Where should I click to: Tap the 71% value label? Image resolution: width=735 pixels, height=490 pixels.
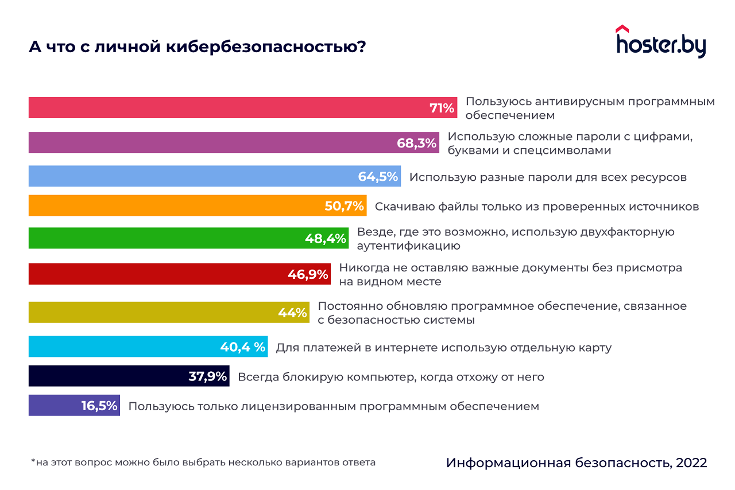tap(442, 108)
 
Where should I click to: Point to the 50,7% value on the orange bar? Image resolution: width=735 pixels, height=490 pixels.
tap(345, 206)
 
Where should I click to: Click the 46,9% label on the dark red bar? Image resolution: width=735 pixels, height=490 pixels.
tap(308, 274)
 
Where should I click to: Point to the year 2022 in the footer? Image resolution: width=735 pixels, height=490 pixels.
tap(691, 462)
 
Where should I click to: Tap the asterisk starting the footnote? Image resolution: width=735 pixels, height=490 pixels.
tap(33, 461)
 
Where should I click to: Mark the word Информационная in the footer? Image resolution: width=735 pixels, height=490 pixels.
tap(506, 463)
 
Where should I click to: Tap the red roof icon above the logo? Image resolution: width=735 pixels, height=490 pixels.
tap(622, 28)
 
